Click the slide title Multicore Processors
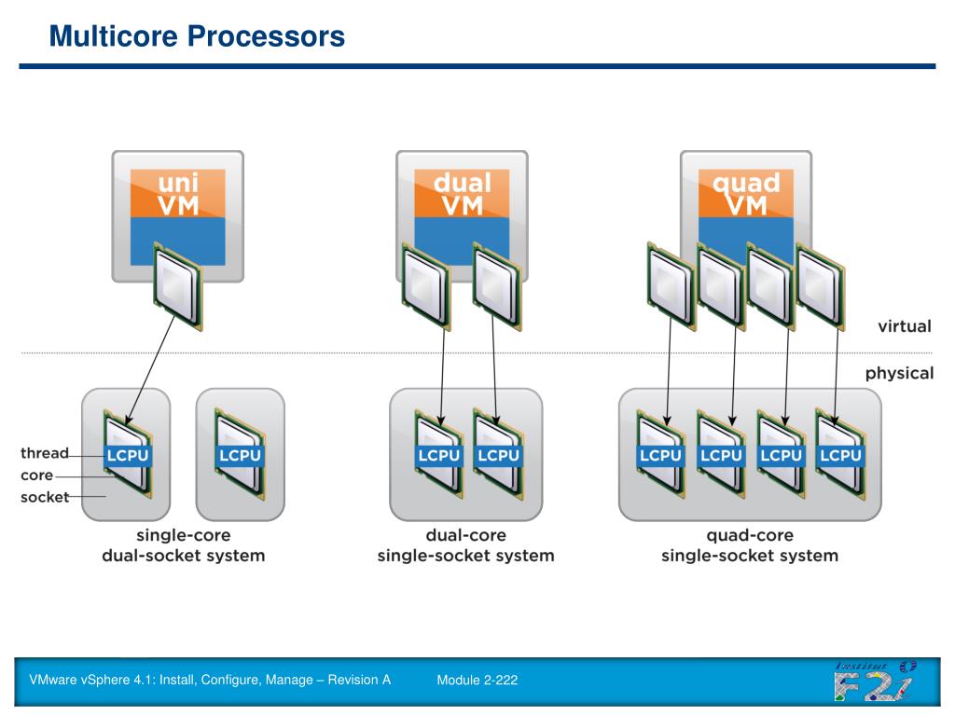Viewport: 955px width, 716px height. click(197, 36)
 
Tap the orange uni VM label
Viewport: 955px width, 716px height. click(178, 194)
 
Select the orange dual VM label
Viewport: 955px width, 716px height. click(462, 194)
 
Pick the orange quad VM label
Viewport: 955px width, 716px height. click(746, 194)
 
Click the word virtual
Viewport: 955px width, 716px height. click(905, 326)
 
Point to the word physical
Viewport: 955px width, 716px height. click(899, 373)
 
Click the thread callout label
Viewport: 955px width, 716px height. click(45, 453)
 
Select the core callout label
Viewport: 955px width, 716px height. click(36, 475)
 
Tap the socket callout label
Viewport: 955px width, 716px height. click(45, 497)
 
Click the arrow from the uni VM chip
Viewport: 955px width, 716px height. click(150, 369)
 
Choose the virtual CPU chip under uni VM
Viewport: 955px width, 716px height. click(177, 287)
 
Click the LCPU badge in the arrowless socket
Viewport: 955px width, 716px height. click(240, 455)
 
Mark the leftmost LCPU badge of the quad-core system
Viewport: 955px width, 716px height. click(660, 455)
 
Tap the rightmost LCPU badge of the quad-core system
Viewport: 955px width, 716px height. click(840, 455)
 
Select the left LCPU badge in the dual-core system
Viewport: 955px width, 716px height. click(438, 455)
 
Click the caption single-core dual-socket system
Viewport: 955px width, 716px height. click(184, 545)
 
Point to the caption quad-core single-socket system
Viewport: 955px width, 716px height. click(750, 545)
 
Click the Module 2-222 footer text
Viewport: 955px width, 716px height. click(477, 680)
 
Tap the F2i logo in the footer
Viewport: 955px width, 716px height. click(875, 682)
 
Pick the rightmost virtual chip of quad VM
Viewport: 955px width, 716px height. click(821, 287)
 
